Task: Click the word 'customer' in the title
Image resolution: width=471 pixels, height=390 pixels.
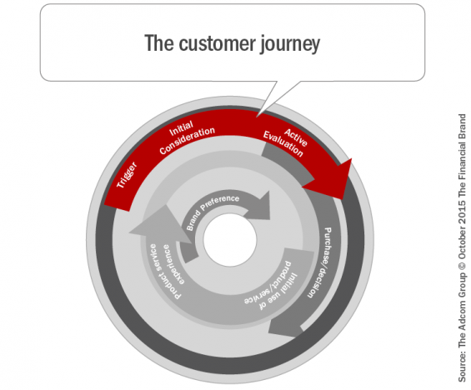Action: tap(217, 43)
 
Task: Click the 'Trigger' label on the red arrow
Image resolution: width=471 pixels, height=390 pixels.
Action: tap(127, 175)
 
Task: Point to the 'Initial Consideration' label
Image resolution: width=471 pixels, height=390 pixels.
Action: tap(187, 137)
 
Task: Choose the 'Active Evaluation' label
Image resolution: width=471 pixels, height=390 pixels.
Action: tap(286, 142)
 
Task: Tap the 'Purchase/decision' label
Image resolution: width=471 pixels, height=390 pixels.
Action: tap(319, 262)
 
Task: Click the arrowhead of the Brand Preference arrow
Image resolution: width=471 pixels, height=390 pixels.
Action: tap(260, 207)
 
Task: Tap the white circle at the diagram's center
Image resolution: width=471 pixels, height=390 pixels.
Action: tap(230, 240)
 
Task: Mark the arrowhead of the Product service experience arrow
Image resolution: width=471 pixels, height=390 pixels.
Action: tap(159, 223)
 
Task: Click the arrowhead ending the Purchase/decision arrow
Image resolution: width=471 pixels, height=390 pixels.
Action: tap(285, 327)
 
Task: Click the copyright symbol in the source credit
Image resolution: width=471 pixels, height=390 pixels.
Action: tap(462, 265)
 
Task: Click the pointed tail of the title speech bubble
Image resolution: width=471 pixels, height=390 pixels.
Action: tap(258, 116)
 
